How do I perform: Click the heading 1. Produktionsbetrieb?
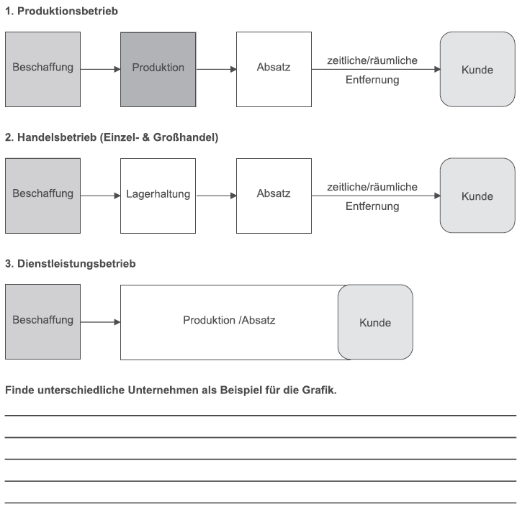(x=61, y=11)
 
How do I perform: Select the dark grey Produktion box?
(x=158, y=70)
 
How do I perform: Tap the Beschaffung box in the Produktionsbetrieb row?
(x=43, y=70)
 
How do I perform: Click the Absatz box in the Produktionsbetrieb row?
(x=274, y=70)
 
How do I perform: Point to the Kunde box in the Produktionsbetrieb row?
(x=477, y=70)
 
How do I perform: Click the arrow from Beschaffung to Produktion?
(x=101, y=70)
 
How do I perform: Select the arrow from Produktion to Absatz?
(x=216, y=70)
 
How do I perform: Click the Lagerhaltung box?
(x=158, y=196)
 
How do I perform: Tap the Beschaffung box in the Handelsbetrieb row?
(x=43, y=196)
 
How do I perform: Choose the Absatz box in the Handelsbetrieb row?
(x=274, y=196)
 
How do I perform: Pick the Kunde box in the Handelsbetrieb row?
(x=477, y=196)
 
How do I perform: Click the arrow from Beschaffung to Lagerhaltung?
(x=101, y=196)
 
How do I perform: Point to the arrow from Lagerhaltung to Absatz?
(x=216, y=196)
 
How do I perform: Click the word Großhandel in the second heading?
(x=186, y=137)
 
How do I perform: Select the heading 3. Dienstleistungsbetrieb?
(x=71, y=264)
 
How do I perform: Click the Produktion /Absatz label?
(x=229, y=320)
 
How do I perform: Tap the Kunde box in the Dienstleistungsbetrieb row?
(x=375, y=322)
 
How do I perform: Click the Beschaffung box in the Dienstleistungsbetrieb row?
(x=43, y=322)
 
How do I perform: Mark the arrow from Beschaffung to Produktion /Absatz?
(x=101, y=322)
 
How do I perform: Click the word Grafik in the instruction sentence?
(x=319, y=390)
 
